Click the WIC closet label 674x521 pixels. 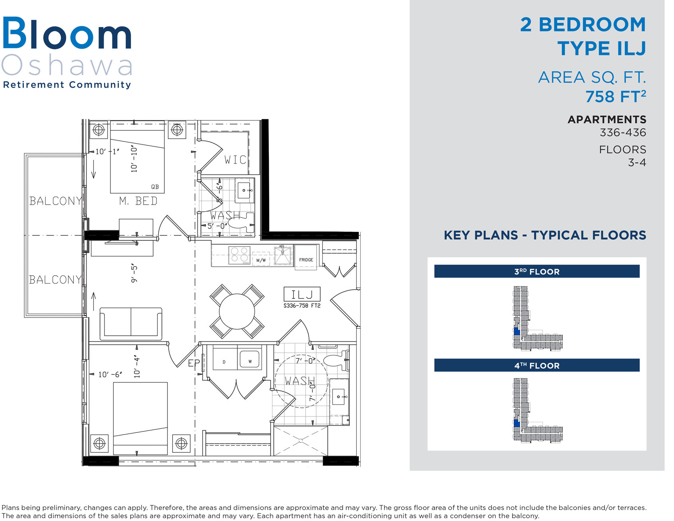[x=235, y=160]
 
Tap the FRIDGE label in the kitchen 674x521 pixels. [x=306, y=260]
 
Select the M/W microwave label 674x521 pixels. [x=261, y=260]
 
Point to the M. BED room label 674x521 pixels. [x=138, y=201]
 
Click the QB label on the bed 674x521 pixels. [x=155, y=187]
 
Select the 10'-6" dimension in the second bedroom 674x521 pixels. [x=110, y=374]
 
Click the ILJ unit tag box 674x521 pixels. [x=302, y=294]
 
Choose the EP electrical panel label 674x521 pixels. [x=194, y=363]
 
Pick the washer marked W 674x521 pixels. [x=250, y=358]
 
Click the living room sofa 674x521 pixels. [x=131, y=324]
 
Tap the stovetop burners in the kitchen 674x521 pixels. [x=239, y=255]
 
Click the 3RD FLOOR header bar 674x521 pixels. [x=537, y=271]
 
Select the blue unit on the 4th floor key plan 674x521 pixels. [x=517, y=423]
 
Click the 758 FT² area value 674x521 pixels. [x=615, y=96]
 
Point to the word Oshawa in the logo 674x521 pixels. [x=67, y=65]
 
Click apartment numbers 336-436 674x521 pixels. [x=623, y=132]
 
